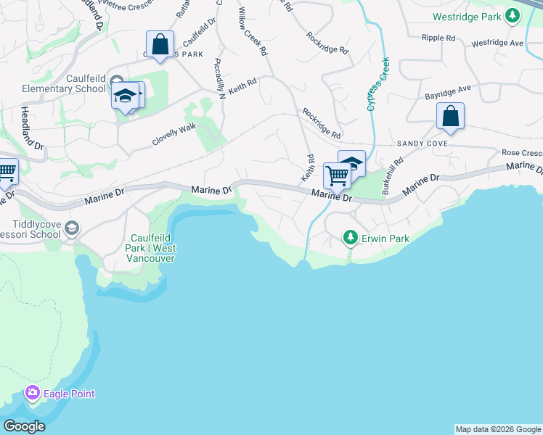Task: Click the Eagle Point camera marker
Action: [32, 394]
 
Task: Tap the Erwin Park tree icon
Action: [351, 238]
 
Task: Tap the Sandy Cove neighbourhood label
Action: [422, 144]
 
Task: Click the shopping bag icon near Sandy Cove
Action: [450, 116]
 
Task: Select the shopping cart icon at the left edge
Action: [6, 173]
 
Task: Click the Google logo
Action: [24, 426]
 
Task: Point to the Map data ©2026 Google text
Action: [498, 429]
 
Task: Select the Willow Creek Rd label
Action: [253, 33]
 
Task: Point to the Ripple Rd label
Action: [441, 37]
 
